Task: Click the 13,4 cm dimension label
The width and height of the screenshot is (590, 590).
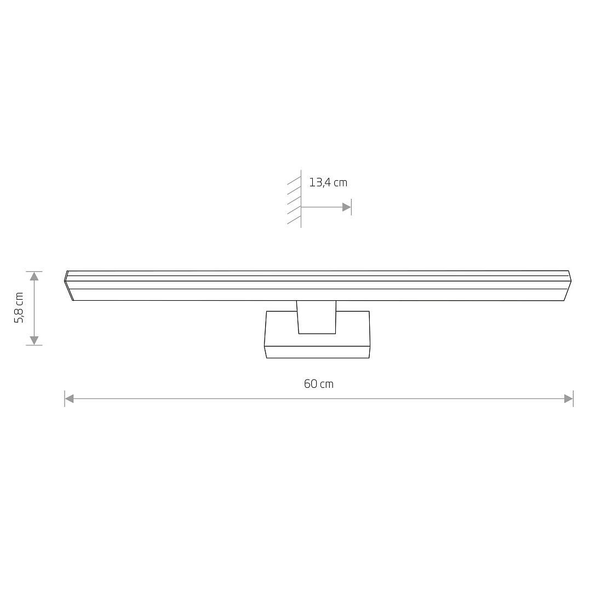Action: (328, 182)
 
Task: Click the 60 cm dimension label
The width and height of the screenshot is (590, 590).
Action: (319, 384)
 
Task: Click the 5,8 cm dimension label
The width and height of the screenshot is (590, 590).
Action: (19, 307)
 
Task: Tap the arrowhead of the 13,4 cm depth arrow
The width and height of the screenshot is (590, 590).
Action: (347, 207)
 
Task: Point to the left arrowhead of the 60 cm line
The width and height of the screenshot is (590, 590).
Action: (69, 398)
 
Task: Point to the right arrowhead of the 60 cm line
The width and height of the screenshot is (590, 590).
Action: (569, 398)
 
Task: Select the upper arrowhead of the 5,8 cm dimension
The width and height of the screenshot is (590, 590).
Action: (35, 276)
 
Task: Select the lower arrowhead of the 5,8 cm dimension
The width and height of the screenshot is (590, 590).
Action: (35, 341)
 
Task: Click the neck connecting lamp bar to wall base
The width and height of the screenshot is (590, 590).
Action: (317, 317)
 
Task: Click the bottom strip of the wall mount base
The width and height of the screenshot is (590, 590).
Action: (317, 352)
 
